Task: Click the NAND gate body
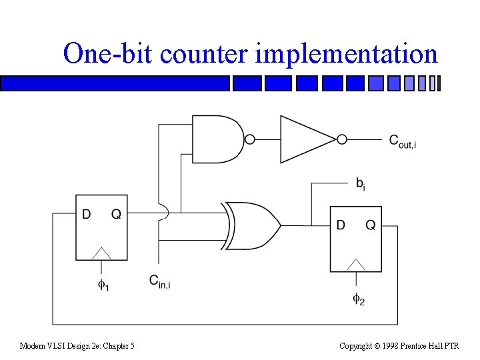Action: tap(217, 139)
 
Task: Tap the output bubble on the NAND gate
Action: tap(250, 139)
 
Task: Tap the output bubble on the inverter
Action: tap(341, 139)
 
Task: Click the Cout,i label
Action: tap(402, 141)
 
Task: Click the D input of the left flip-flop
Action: tap(86, 214)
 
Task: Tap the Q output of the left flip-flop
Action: tap(116, 214)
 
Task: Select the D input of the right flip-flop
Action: tap(340, 225)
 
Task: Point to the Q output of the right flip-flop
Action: tap(371, 225)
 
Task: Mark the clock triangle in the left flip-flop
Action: tap(102, 253)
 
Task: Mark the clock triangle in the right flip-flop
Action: tap(357, 265)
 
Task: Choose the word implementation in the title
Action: tap(346, 53)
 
